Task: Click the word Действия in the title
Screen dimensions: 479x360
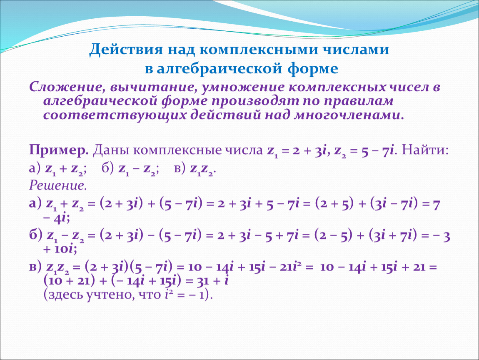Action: coord(126,50)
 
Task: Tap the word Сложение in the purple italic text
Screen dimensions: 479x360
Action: coord(65,87)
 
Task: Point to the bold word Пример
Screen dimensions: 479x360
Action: coord(59,150)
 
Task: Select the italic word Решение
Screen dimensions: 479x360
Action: coord(58,185)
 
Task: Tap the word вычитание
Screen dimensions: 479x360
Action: coord(153,87)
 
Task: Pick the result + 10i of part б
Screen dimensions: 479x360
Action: coord(60,249)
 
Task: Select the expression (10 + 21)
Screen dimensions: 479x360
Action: coord(69,281)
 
